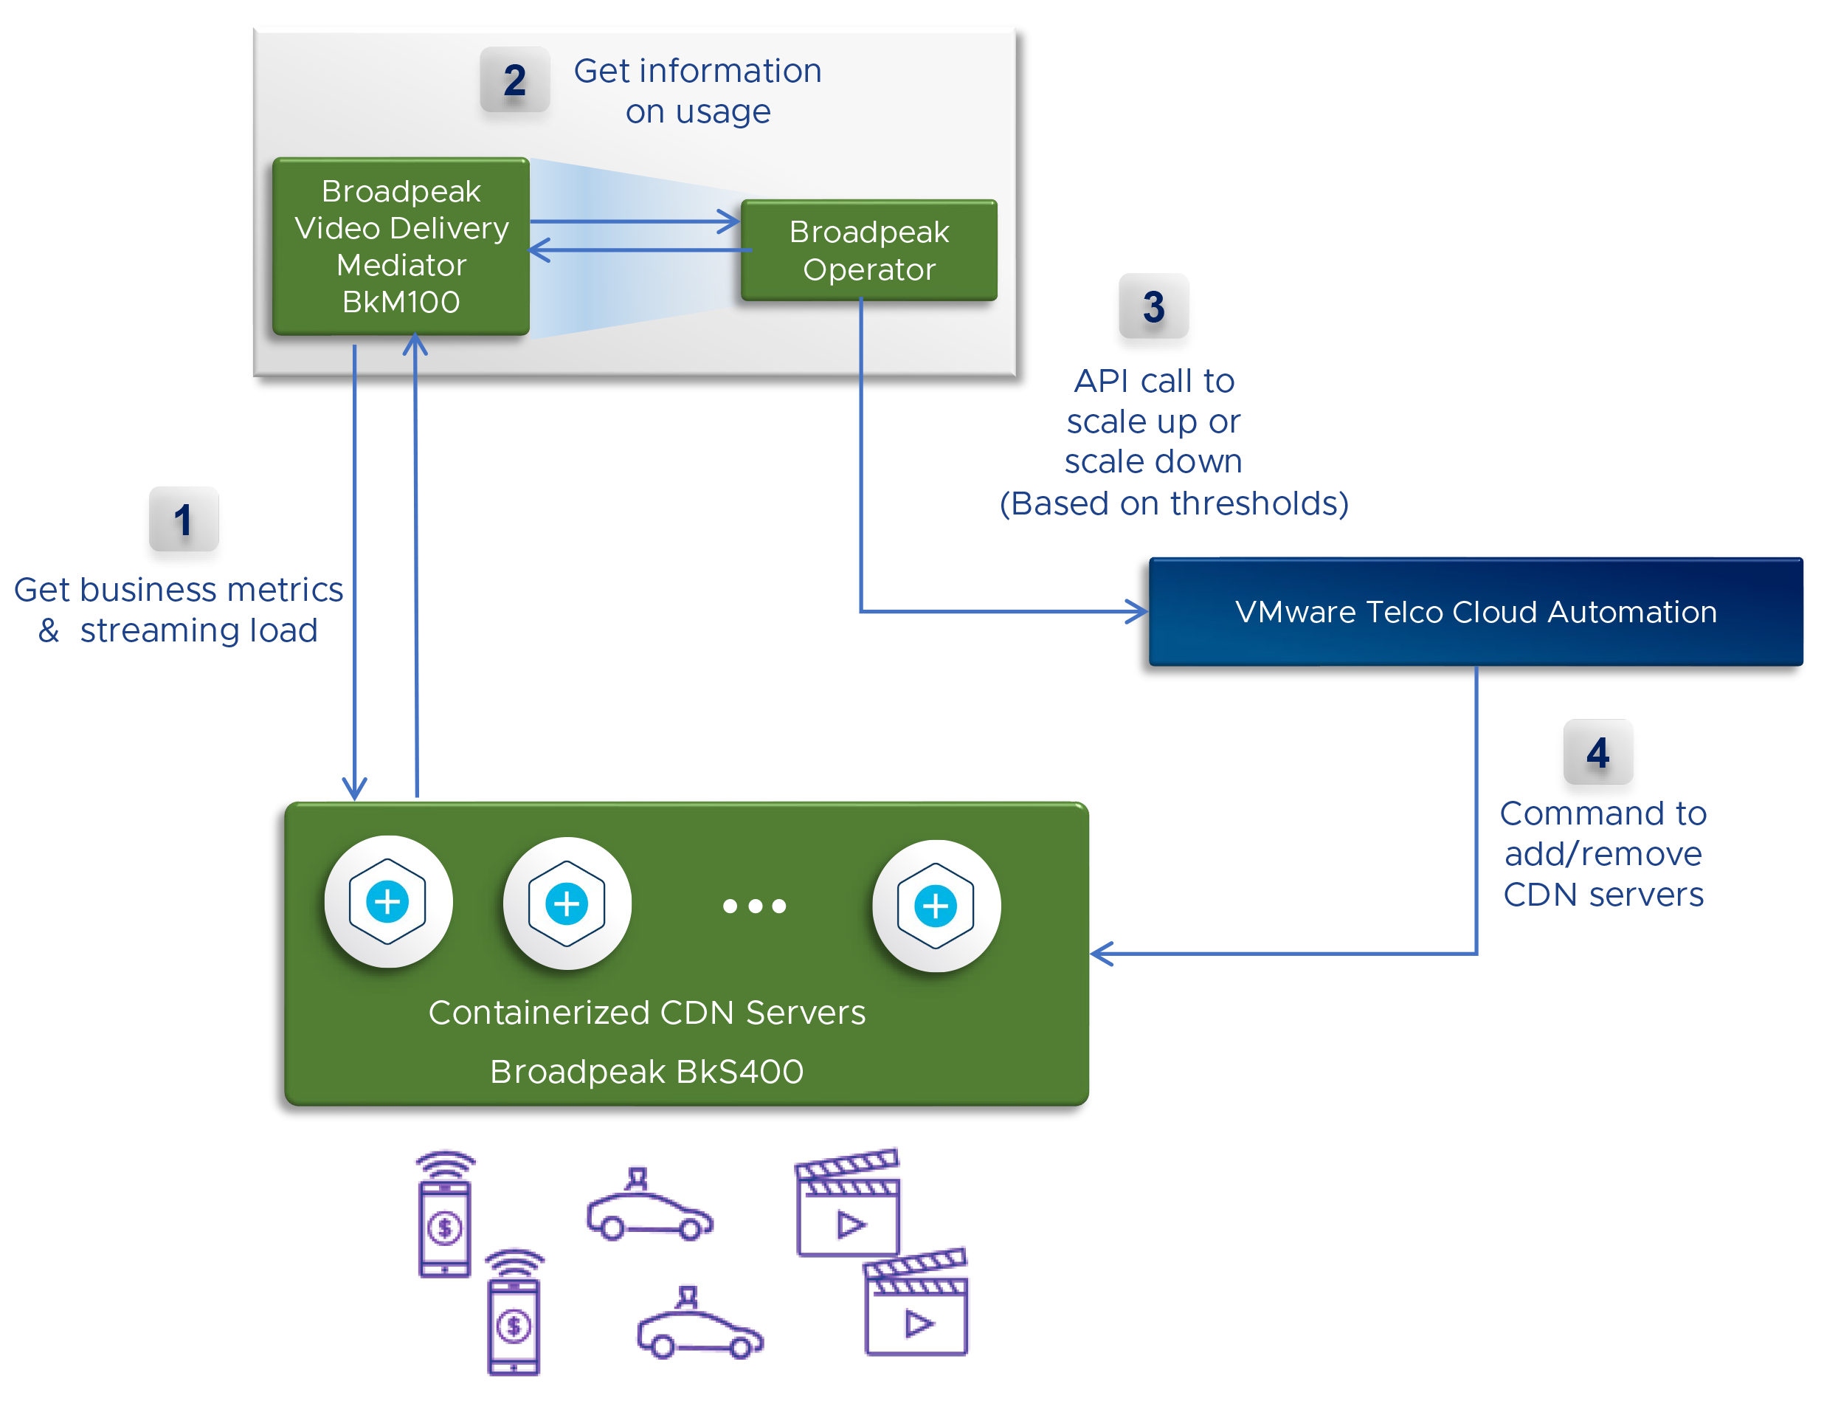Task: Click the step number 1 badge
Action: click(x=184, y=519)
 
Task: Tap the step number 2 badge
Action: click(x=514, y=80)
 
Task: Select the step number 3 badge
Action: click(x=1153, y=306)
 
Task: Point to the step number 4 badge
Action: click(x=1597, y=752)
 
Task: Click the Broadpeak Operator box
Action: click(x=868, y=250)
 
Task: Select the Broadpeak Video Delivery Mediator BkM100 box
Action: click(x=401, y=247)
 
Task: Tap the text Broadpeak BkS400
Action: click(x=646, y=1071)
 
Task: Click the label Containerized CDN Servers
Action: click(x=646, y=1011)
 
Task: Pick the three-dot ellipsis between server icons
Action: click(x=753, y=906)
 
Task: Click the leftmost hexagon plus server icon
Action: click(x=387, y=901)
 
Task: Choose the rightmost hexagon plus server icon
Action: click(x=936, y=906)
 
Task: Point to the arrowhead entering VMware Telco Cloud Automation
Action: click(x=1138, y=611)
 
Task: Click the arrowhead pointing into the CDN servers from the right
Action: click(x=1101, y=953)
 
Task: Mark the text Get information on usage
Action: click(x=697, y=91)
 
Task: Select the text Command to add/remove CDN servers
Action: click(x=1601, y=853)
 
